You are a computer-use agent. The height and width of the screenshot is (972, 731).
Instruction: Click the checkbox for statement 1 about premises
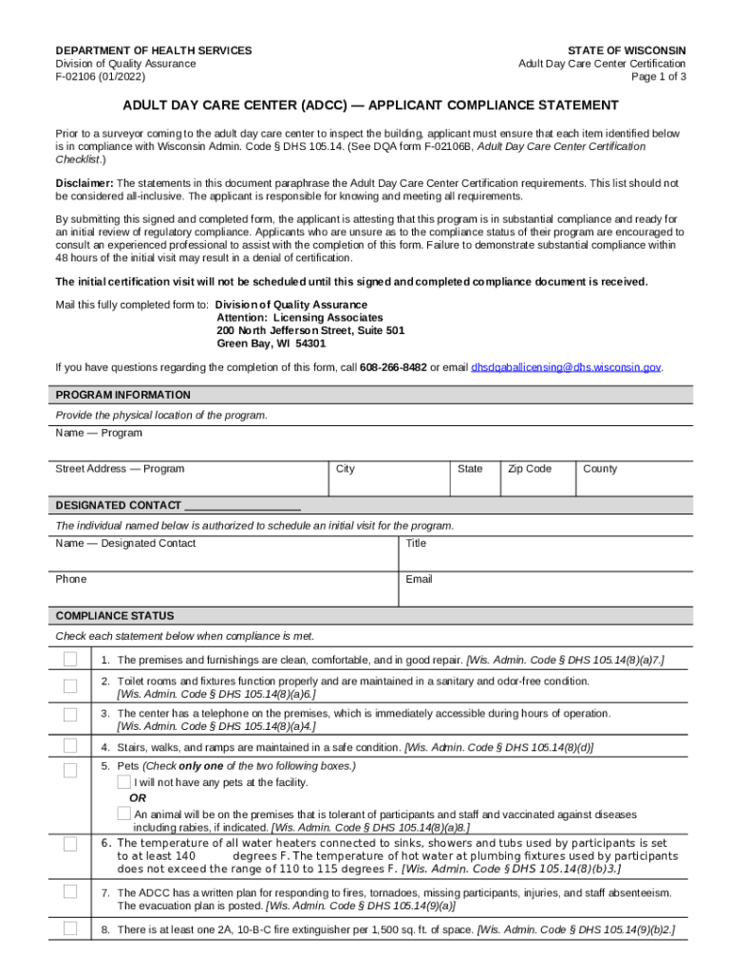tap(70, 660)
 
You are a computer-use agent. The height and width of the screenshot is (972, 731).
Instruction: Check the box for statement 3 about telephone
tap(70, 714)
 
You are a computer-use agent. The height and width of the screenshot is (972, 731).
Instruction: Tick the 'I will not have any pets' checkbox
tap(124, 782)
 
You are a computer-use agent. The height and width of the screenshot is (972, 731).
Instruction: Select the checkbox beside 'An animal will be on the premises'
tap(124, 813)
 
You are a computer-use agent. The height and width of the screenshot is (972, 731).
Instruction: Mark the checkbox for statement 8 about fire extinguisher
tap(70, 929)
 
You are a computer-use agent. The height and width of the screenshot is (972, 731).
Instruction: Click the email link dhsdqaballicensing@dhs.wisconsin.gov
tap(566, 366)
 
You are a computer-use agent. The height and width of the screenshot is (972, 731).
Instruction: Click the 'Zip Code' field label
tap(529, 469)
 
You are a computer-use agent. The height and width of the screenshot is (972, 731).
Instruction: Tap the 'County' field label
tap(600, 469)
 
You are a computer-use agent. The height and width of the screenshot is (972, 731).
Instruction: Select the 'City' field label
tap(346, 469)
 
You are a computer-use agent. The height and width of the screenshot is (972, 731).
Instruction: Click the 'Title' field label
tap(416, 543)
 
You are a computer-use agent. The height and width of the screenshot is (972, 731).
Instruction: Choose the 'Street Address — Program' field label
tap(120, 469)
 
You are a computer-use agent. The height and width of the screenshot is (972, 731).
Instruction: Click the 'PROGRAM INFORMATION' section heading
tap(122, 395)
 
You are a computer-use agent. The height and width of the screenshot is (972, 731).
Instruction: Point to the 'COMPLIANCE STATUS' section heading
tap(115, 616)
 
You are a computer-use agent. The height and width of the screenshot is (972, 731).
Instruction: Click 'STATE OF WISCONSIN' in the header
tap(627, 50)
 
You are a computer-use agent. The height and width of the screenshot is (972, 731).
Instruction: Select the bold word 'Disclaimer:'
tap(84, 182)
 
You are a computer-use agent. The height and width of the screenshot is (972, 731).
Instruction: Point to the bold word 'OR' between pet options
tap(138, 798)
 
